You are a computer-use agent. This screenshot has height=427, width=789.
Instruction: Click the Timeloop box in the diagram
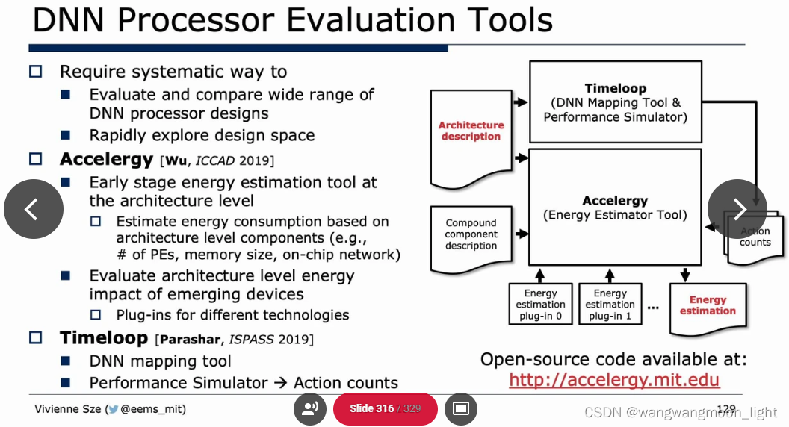click(615, 102)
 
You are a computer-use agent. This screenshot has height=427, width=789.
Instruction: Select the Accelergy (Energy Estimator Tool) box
click(615, 208)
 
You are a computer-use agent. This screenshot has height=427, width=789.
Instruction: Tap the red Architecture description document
click(471, 138)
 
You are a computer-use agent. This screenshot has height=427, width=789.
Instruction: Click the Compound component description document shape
click(471, 237)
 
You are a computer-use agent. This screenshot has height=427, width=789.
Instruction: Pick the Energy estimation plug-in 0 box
click(540, 305)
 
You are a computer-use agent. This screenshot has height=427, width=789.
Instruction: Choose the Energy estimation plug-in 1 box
click(610, 305)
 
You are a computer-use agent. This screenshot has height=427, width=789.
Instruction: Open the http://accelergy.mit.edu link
click(614, 380)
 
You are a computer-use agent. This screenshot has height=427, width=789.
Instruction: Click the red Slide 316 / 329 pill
click(385, 409)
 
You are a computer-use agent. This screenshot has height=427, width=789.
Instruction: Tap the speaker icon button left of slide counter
click(310, 408)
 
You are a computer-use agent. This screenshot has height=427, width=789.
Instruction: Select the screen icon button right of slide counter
click(461, 408)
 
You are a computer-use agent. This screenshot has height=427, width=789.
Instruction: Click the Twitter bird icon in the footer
click(113, 409)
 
